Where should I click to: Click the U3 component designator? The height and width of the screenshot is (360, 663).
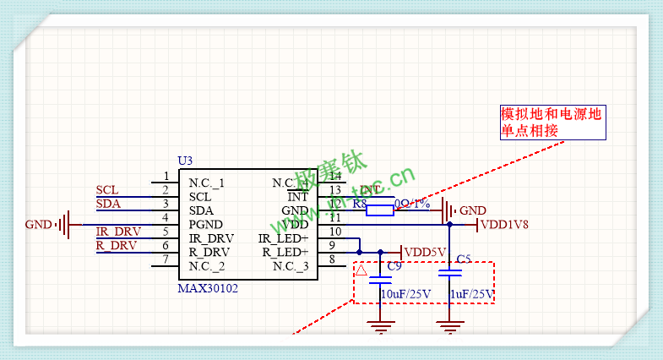(185, 161)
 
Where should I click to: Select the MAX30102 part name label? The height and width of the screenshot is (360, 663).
(209, 288)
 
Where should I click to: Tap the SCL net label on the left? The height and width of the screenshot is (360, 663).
(107, 190)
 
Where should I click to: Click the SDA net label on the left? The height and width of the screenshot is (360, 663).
(107, 204)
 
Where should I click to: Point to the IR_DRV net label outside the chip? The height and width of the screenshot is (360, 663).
(117, 232)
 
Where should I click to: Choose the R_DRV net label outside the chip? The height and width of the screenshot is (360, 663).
(116, 245)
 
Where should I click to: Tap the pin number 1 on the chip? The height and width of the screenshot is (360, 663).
(166, 177)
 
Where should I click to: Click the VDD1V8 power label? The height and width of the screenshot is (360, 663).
(505, 225)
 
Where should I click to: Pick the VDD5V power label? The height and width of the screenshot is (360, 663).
(425, 252)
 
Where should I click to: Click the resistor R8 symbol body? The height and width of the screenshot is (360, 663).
(381, 210)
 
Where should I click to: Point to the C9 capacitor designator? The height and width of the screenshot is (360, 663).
(394, 266)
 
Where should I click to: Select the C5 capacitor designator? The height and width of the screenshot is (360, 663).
(463, 259)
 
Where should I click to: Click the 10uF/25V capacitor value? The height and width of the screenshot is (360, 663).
(406, 294)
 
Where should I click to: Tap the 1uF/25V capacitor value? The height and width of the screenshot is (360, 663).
(471, 294)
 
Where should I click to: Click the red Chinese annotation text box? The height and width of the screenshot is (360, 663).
(551, 123)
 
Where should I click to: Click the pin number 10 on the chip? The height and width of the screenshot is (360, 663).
(335, 232)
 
